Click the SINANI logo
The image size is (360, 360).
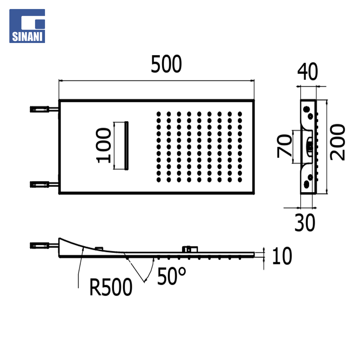27,26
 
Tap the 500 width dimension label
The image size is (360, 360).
166,64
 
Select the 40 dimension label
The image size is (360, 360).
307,71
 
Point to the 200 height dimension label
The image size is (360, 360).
337,142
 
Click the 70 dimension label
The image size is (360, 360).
284,146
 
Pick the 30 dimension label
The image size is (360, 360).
305,222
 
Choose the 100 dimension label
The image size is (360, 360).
103,146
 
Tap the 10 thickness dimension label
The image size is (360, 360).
282,256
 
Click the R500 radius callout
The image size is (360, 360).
111,287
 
